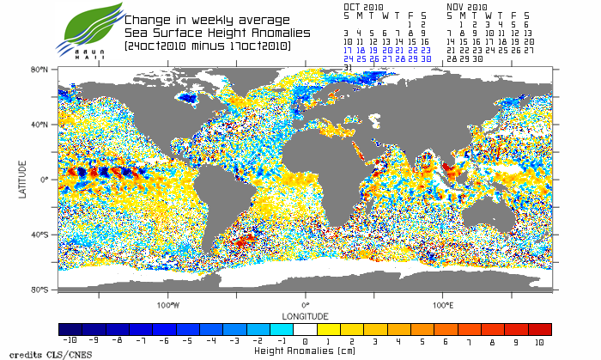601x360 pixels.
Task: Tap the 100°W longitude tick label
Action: tap(168, 305)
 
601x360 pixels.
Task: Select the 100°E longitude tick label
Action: tap(442, 305)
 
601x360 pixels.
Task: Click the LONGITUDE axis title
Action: tap(305, 315)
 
